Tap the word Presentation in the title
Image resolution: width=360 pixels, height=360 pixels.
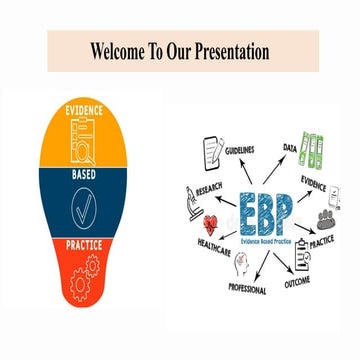tap(231, 50)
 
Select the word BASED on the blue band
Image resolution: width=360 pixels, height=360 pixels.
tap(84, 176)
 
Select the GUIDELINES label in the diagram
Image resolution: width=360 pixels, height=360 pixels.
tap(239, 150)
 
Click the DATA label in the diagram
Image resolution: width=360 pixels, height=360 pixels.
tap(289, 147)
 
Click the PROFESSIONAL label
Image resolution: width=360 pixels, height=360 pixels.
tap(246, 289)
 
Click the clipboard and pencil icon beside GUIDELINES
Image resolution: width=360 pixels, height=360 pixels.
tap(212, 151)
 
